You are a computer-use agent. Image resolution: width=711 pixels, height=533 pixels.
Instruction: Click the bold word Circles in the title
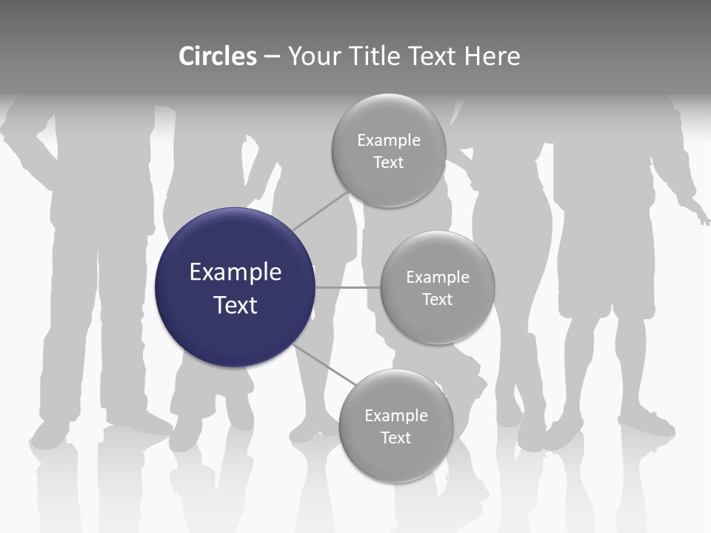(218, 56)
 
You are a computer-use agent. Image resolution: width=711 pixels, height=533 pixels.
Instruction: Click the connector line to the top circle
(321, 210)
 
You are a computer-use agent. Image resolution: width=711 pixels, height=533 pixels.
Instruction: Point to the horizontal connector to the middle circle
(347, 287)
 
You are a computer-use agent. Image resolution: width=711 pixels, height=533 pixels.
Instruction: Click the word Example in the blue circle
(236, 272)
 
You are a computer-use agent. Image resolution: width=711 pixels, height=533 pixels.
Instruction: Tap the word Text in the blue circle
(236, 305)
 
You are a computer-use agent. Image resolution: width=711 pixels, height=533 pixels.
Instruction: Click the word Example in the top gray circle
(389, 141)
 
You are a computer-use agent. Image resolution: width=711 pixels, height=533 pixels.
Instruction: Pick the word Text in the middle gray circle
(437, 299)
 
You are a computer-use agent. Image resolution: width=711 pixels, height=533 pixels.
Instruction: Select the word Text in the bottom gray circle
(395, 438)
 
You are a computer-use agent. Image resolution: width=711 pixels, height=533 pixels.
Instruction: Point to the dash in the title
(272, 57)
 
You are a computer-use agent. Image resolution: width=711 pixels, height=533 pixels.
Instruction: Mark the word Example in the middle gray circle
(438, 278)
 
